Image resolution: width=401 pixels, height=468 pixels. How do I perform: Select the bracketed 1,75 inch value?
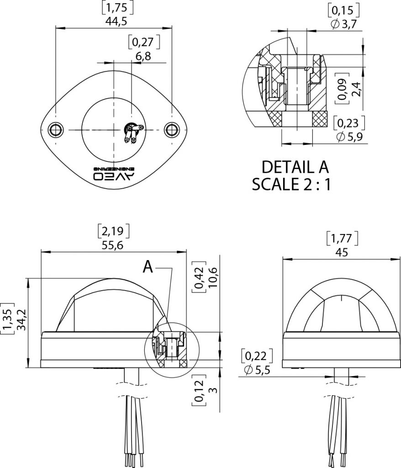click(x=114, y=8)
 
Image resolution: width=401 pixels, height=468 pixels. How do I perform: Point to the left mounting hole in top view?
click(x=57, y=129)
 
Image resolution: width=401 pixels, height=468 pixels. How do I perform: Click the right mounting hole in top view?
click(x=172, y=129)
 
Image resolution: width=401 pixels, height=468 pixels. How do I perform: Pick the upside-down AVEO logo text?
click(x=114, y=173)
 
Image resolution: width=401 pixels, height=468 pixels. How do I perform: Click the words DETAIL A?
click(x=295, y=167)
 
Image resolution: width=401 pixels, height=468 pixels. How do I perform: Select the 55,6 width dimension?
click(x=114, y=245)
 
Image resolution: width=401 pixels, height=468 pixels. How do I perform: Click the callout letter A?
click(x=148, y=266)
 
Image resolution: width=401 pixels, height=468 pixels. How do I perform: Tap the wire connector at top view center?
click(x=133, y=133)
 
